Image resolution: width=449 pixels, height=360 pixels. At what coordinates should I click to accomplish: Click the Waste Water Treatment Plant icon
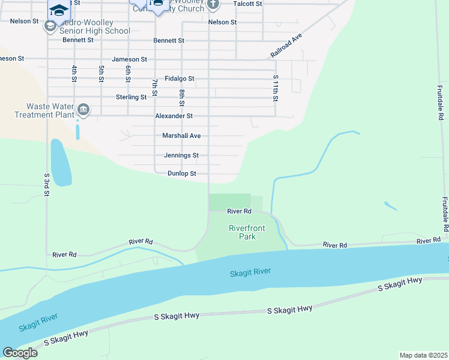pyautogui.click(x=83, y=110)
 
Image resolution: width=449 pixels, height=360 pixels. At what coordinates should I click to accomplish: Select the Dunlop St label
pyautogui.click(x=182, y=173)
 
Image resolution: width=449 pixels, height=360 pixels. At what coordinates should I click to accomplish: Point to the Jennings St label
pyautogui.click(x=181, y=155)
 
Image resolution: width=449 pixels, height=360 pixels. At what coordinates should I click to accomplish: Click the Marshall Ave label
pyautogui.click(x=181, y=136)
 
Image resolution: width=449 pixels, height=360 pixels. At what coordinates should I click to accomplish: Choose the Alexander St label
pyautogui.click(x=173, y=116)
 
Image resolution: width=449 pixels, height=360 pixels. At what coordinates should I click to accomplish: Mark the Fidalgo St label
pyautogui.click(x=179, y=79)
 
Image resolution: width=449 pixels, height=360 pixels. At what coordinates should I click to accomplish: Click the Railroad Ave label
pyautogui.click(x=286, y=46)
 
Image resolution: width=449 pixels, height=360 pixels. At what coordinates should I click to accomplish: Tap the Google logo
pyautogui.click(x=19, y=352)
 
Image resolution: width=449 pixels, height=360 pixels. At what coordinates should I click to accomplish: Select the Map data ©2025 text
pyautogui.click(x=423, y=355)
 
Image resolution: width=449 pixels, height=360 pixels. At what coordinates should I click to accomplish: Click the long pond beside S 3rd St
pyautogui.click(x=60, y=163)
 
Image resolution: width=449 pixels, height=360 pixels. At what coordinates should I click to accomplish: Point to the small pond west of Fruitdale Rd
pyautogui.click(x=390, y=205)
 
